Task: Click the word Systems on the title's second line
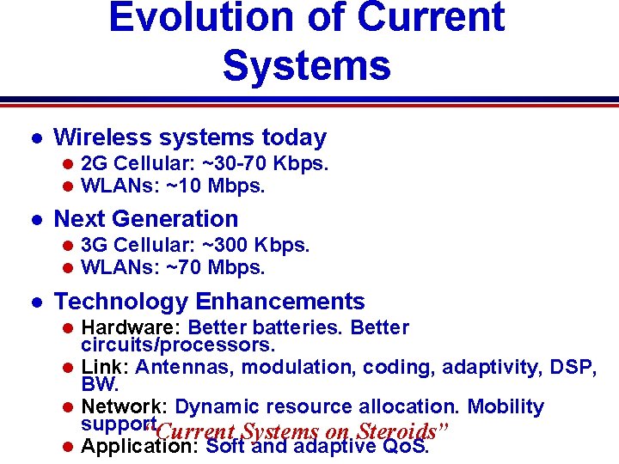click(x=306, y=64)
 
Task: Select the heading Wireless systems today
click(x=190, y=137)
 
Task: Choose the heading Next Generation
click(x=145, y=219)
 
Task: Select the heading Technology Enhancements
click(x=209, y=302)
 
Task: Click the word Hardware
click(x=129, y=327)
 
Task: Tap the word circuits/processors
click(x=178, y=345)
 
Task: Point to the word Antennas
click(x=186, y=367)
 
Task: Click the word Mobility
click(x=506, y=406)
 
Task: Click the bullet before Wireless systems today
click(x=34, y=138)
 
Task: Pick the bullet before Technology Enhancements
click(x=34, y=302)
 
